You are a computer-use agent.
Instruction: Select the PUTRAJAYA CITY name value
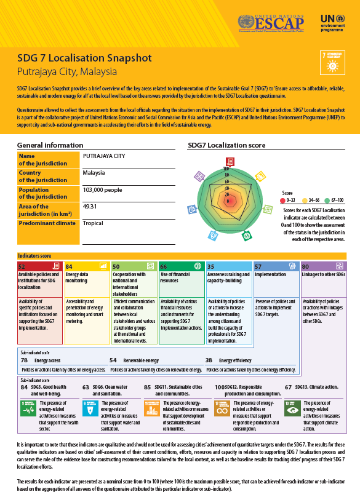(x=103, y=156)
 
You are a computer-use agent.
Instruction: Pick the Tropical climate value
(x=93, y=223)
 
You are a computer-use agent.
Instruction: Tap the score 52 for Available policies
(x=22, y=266)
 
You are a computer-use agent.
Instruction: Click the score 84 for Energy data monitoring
(x=69, y=266)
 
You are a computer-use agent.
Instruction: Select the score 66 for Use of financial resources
(x=163, y=266)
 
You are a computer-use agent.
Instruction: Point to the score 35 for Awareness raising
(x=210, y=266)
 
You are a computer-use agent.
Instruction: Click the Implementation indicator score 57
(x=258, y=266)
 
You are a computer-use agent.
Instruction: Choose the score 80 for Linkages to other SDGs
(x=305, y=266)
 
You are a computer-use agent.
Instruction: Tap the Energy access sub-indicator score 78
(x=24, y=360)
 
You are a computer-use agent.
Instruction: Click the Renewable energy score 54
(x=113, y=360)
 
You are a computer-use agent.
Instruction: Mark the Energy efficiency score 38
(x=209, y=360)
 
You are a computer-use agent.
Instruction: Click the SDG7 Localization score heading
(x=226, y=146)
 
